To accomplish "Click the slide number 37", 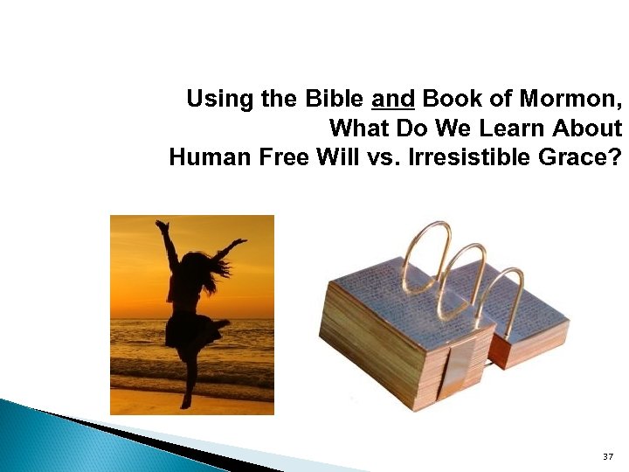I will pos(608,457).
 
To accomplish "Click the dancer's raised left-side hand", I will pos(161,226).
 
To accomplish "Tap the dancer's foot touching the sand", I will pos(184,404).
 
